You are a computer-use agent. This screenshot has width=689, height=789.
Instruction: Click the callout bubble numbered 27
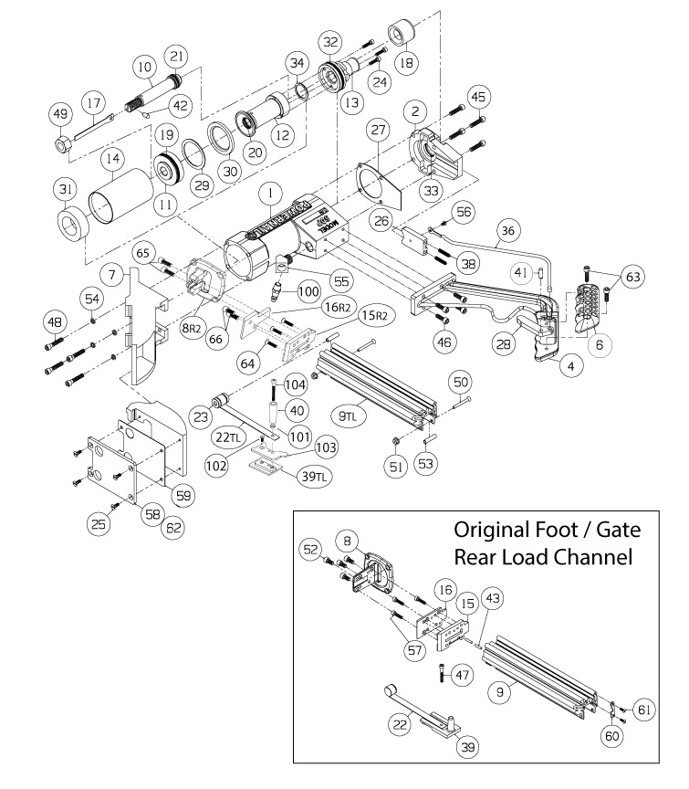(376, 131)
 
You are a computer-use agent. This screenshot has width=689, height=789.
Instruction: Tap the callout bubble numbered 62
(172, 525)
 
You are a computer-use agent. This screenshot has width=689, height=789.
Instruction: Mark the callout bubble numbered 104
(295, 385)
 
